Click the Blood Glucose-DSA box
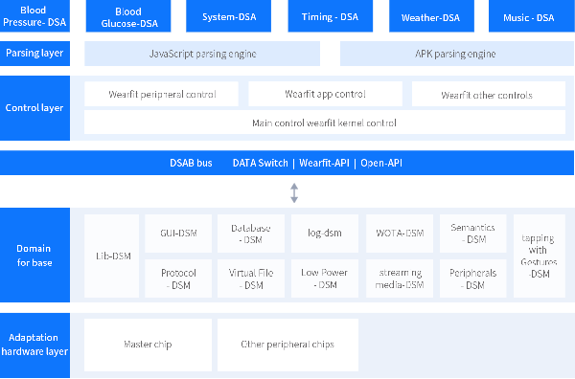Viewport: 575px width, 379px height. [x=127, y=16]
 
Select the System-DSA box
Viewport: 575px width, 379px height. [x=228, y=16]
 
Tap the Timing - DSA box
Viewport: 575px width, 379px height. [x=329, y=16]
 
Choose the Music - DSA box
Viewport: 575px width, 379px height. [x=528, y=16]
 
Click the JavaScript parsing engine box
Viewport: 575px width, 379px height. [x=204, y=54]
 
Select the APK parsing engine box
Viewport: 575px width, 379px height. [x=454, y=54]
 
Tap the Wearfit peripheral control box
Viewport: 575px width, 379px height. [x=162, y=94]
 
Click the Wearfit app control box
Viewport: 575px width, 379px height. [x=325, y=94]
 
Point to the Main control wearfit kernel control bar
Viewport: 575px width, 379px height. [x=324, y=123]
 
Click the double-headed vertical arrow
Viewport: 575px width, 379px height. [x=294, y=192]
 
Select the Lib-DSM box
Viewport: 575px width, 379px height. [x=113, y=256]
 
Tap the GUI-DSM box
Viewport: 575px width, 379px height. [x=178, y=234]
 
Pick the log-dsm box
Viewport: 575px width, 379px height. [x=325, y=234]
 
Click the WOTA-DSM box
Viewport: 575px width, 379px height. [x=400, y=234]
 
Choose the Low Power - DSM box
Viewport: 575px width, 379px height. [x=325, y=279]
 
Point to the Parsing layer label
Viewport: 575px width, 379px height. [x=34, y=54]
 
